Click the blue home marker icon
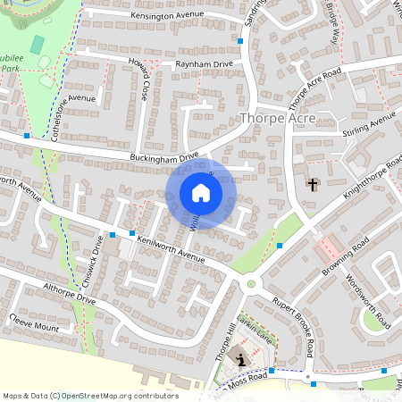(x=201, y=193)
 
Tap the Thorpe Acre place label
(x=279, y=118)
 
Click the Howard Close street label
(x=140, y=80)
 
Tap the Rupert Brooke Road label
(x=294, y=322)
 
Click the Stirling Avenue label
(x=368, y=126)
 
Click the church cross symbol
(x=313, y=185)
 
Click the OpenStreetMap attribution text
(x=90, y=396)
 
